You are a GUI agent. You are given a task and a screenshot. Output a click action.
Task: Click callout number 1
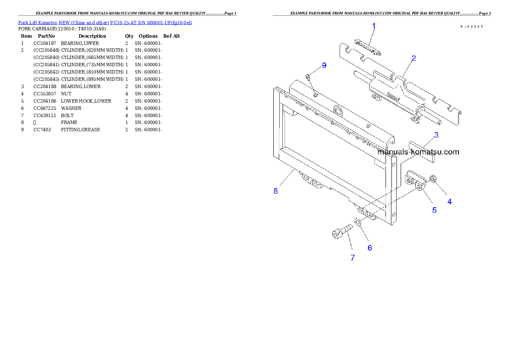[374, 26]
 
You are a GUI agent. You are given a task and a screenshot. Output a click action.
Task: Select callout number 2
[414, 58]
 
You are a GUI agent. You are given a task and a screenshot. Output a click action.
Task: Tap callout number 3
[436, 136]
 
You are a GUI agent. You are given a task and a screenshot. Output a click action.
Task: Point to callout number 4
[450, 201]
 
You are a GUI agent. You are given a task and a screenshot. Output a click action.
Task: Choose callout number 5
[434, 210]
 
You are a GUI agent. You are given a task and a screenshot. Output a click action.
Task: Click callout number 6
[370, 248]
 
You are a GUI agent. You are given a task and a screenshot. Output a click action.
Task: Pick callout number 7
[352, 258]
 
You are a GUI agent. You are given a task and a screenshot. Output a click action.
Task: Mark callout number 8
[276, 191]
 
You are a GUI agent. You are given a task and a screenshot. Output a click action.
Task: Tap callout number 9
[324, 65]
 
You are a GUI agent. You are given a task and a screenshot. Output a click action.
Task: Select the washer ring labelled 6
[358, 223]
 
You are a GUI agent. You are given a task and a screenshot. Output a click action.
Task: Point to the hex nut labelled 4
[432, 178]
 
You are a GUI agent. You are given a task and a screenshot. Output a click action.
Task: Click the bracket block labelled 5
[414, 180]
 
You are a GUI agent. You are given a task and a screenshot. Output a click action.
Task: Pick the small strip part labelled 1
[367, 47]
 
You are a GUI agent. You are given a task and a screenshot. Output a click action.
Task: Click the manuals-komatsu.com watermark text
[418, 152]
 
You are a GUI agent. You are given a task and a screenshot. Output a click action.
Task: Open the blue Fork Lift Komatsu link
[105, 22]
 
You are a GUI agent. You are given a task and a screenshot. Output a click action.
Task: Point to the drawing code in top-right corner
[471, 27]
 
